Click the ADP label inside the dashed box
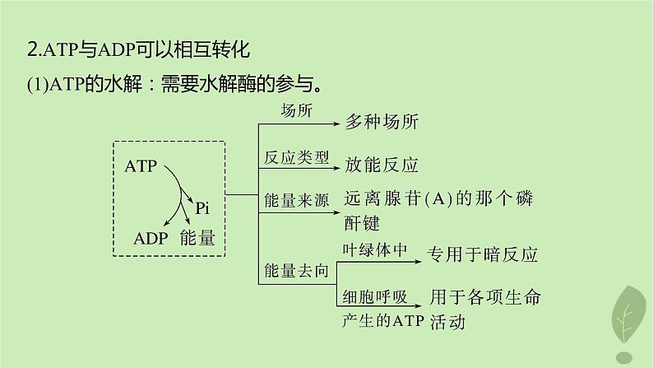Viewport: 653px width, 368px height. point(151,239)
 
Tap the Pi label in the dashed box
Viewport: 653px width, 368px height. point(203,209)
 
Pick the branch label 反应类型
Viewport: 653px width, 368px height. point(297,156)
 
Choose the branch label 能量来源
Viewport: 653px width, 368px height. point(297,200)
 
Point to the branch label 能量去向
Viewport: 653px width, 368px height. point(297,269)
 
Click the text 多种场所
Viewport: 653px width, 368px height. point(382,123)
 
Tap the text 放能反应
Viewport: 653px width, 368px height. point(382,165)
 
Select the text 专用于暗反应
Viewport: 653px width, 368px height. point(482,254)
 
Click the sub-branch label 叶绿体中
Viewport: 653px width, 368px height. point(374,249)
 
